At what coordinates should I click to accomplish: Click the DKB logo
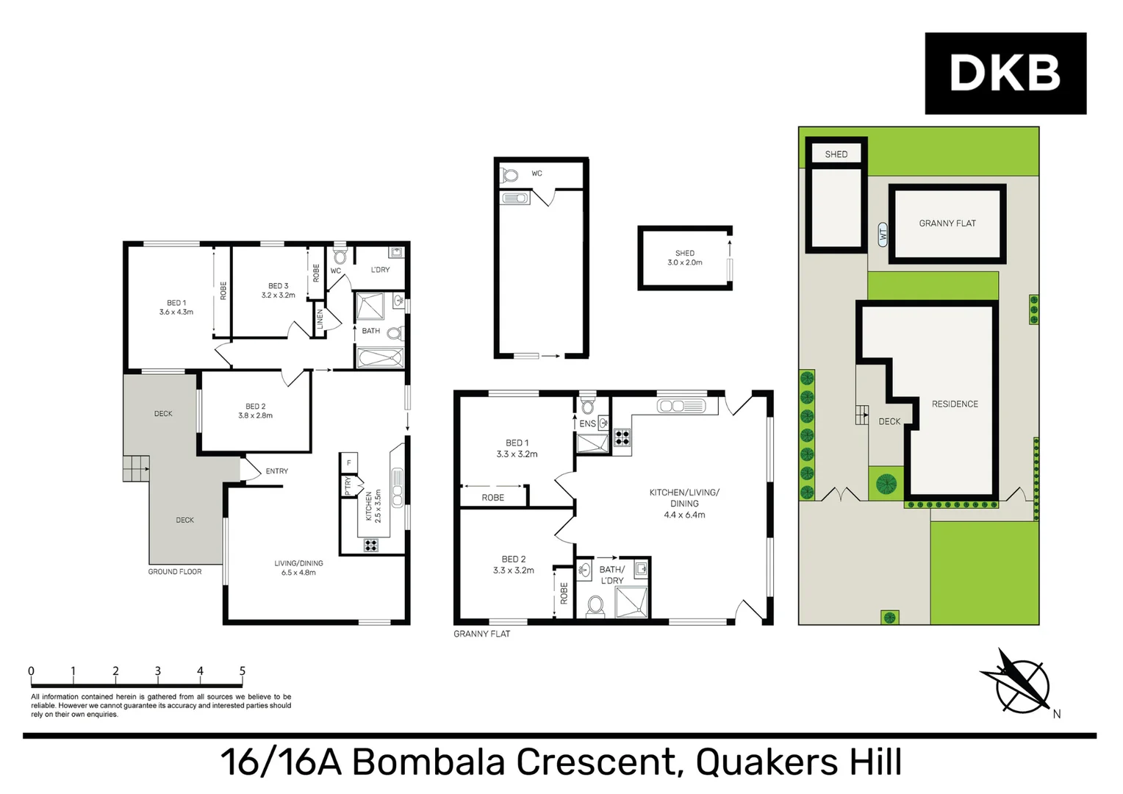1005,73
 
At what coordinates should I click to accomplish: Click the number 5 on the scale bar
243,671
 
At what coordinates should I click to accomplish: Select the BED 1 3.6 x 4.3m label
176,307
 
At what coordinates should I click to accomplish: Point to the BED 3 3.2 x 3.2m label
278,290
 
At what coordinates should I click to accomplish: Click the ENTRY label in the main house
276,471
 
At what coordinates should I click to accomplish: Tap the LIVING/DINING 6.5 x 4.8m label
298,568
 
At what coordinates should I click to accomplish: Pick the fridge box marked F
349,462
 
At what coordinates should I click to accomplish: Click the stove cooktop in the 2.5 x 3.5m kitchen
371,545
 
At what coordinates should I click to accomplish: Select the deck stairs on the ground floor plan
136,468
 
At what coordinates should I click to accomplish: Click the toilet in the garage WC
509,176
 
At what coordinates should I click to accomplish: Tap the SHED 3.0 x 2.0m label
684,258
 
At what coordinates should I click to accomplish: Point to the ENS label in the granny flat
587,424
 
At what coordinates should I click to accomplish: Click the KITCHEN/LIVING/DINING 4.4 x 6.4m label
684,504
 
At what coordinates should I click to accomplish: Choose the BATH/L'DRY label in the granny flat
611,575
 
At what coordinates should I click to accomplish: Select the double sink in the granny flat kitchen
681,406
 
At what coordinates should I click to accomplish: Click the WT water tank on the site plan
883,235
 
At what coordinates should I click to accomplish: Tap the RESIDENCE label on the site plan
955,404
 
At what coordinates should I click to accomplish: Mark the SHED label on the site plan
836,154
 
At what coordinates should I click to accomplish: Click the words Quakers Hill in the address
799,762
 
